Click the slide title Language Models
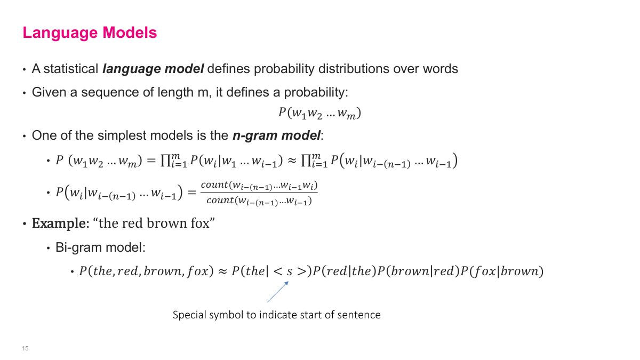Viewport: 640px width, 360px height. (90, 33)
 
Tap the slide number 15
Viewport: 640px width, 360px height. (25, 348)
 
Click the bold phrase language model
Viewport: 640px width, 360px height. (153, 69)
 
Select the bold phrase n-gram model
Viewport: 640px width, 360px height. (276, 135)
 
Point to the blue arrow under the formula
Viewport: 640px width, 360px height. (278, 292)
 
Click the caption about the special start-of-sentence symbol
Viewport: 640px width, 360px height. (276, 315)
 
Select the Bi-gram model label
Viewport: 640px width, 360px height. (100, 247)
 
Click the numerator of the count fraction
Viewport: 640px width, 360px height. (259, 185)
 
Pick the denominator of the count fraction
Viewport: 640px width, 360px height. (259, 201)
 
